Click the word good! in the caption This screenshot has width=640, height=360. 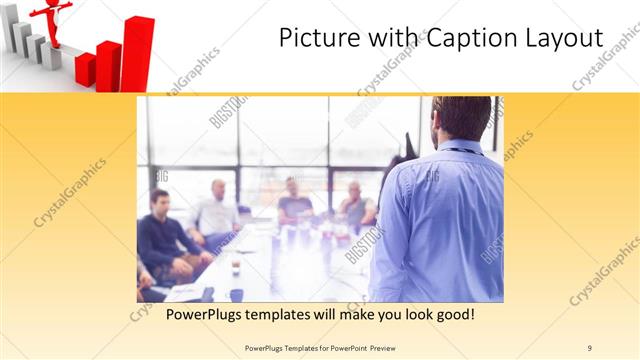coord(451,315)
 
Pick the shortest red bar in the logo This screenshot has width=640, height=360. coord(85,69)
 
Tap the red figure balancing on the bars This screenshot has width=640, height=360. coord(52,20)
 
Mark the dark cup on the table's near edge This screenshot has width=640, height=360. coord(236,294)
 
